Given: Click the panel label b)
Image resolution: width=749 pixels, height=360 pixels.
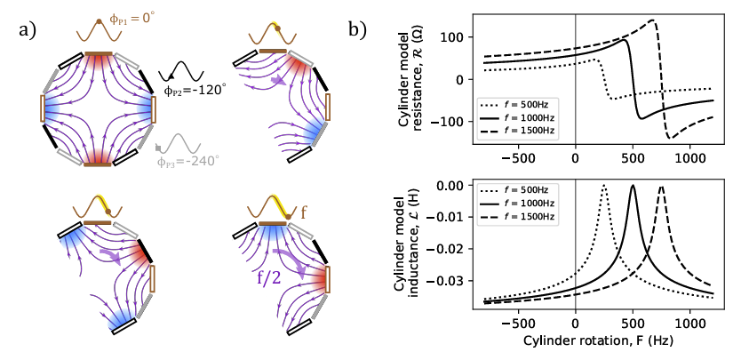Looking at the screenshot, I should (360, 30).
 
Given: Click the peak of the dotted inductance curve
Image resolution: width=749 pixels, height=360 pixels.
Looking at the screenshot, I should (604, 185).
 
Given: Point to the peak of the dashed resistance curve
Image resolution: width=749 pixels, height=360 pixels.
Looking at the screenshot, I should (654, 20).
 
